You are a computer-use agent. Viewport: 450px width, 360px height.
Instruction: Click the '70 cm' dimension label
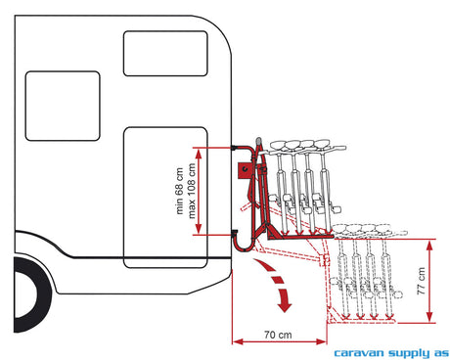(x=278, y=335)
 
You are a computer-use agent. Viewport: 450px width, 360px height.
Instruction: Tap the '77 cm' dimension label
(x=422, y=281)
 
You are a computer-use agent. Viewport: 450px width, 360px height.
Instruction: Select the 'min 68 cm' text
(x=179, y=191)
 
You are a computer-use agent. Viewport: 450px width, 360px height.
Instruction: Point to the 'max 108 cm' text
(x=192, y=191)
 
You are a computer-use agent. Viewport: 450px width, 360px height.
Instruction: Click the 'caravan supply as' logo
(x=391, y=353)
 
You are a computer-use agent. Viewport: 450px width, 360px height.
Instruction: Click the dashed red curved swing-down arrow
(x=278, y=281)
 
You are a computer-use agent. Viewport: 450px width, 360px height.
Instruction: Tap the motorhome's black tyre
(x=31, y=294)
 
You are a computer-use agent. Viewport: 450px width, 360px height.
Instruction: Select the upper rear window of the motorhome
(x=165, y=54)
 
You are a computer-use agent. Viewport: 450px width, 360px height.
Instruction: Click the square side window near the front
(x=63, y=106)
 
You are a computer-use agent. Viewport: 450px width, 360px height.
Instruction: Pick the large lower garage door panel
(x=165, y=198)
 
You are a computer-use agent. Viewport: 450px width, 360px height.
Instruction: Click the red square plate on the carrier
(x=246, y=170)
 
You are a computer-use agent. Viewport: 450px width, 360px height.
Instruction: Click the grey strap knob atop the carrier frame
(x=258, y=141)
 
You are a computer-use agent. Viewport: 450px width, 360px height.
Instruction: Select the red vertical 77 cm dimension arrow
(x=429, y=281)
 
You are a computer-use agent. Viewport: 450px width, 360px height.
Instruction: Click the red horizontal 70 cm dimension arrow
(x=280, y=341)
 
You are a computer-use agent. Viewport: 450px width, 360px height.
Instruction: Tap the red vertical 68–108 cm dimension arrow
(x=199, y=191)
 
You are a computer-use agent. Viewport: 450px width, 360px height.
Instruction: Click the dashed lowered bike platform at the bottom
(x=362, y=321)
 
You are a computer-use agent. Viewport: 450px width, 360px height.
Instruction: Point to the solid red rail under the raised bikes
(x=300, y=237)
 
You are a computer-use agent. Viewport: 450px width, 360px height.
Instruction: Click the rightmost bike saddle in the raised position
(x=322, y=143)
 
